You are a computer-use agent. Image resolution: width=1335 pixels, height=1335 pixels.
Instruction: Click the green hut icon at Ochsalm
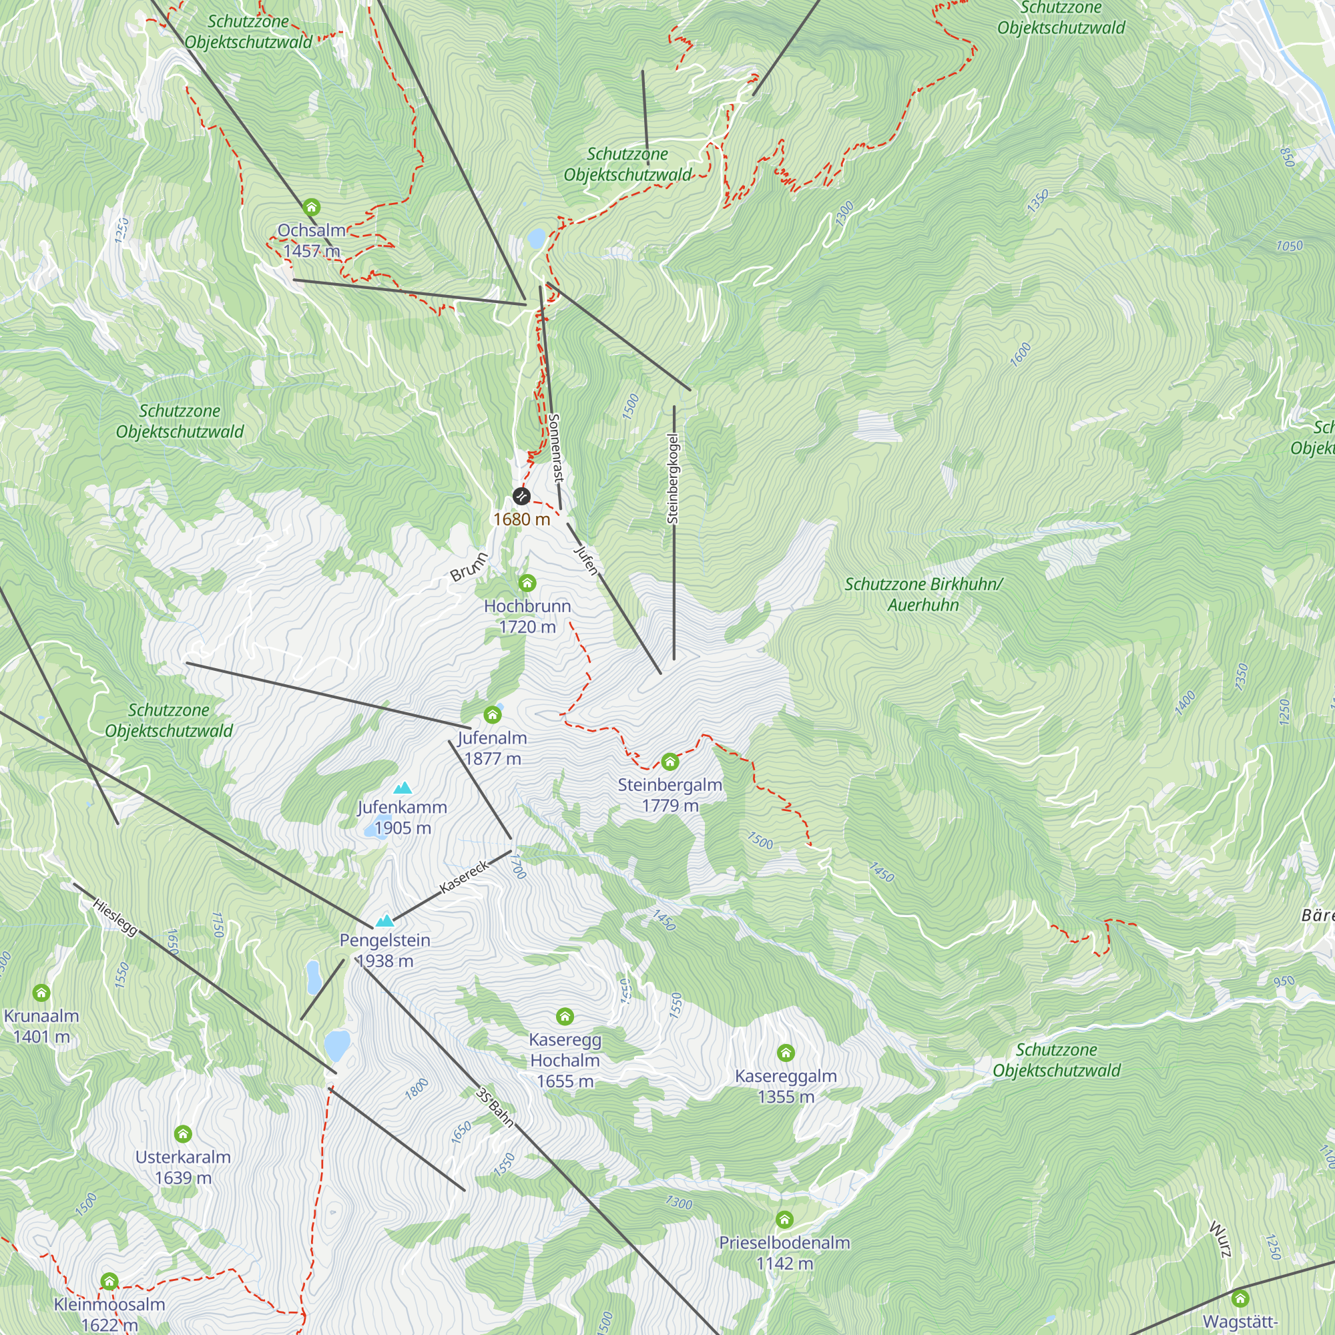coord(312,208)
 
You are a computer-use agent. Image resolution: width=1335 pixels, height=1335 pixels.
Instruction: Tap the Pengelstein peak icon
coord(384,920)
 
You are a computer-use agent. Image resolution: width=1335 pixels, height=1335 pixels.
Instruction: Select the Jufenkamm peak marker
coord(402,788)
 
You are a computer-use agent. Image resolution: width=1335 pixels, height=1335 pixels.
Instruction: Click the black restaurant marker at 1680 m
coord(521,495)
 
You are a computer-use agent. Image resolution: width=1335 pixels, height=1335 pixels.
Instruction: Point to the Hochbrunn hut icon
coord(527,583)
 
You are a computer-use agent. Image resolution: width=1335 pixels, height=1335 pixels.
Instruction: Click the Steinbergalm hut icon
coord(670,762)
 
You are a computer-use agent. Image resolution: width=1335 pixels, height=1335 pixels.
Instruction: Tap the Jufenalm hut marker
coord(492,714)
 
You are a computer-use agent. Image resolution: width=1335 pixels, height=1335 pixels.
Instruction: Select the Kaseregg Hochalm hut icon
coord(565,1017)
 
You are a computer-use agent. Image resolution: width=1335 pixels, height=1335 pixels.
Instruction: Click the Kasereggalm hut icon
coord(786,1053)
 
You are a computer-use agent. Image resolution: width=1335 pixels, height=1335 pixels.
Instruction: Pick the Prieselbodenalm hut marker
coord(784,1219)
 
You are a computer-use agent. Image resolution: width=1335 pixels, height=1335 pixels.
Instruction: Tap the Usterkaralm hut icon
coord(183,1134)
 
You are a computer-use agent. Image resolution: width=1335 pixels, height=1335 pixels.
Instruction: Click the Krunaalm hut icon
coord(41,993)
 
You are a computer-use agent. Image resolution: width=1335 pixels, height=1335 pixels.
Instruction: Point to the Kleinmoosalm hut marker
coord(109,1282)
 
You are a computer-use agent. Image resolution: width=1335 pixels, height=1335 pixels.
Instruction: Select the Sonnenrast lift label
coord(556,448)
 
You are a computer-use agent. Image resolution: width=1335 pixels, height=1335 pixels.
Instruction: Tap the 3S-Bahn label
coord(495,1107)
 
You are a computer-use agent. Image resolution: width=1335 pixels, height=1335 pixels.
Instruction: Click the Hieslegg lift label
coord(115,918)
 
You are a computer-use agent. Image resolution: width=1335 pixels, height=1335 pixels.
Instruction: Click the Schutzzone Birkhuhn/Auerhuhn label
coord(923,594)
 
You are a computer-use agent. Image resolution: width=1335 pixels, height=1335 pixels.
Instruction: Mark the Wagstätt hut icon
coord(1240,1298)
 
